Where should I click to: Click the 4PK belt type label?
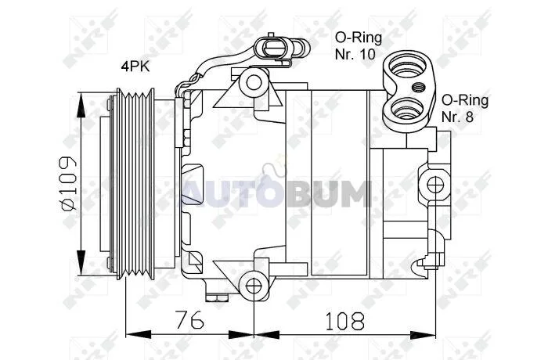click(x=135, y=66)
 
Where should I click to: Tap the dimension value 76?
click(x=189, y=320)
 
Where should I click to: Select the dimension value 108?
click(x=345, y=321)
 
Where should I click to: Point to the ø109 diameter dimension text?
click(x=68, y=183)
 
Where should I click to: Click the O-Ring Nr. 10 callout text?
click(x=359, y=45)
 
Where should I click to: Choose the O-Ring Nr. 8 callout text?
click(x=465, y=108)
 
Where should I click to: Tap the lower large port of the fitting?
click(x=408, y=111)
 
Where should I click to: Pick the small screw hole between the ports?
click(x=417, y=87)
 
